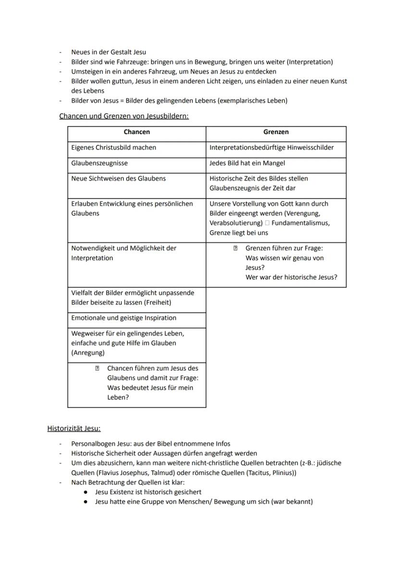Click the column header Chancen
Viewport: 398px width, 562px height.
(137, 132)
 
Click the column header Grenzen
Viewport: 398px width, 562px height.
(276, 132)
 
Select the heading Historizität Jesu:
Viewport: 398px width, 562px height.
(74, 428)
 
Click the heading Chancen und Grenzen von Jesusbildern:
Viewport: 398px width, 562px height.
(124, 116)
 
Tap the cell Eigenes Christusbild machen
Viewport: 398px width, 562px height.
(113, 148)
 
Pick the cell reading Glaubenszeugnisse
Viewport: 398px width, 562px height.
(99, 163)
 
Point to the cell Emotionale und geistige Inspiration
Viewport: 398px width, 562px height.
(124, 318)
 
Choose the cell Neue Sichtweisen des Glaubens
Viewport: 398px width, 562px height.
(118, 178)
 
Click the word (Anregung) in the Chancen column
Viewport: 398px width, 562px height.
(87, 352)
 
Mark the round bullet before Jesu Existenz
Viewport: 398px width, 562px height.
(85, 492)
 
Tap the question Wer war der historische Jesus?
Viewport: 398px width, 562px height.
(291, 277)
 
